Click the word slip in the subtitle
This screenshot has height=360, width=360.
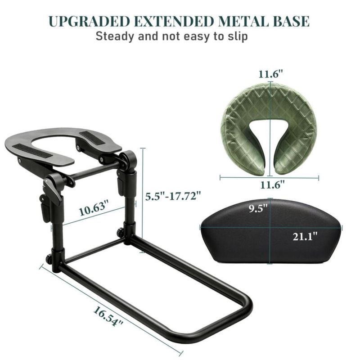tap(238, 37)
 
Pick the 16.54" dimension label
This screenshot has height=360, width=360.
tap(108, 316)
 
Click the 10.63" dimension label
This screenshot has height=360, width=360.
tap(94, 208)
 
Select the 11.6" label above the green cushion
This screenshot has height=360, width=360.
tap(271, 74)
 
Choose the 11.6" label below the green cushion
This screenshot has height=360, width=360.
tap(272, 184)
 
